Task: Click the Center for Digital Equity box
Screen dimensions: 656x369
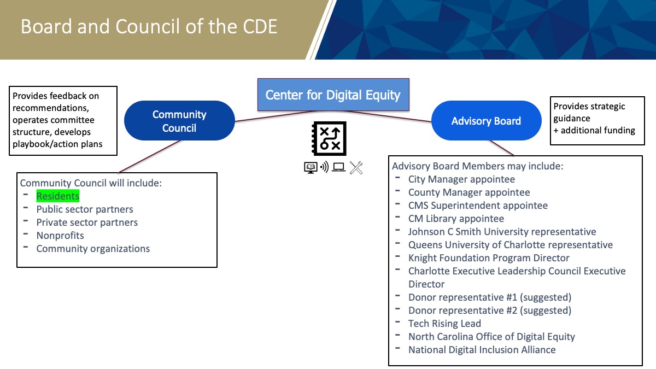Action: (333, 95)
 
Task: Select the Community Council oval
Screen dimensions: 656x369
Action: (179, 121)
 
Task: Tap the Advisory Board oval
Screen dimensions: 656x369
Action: (486, 121)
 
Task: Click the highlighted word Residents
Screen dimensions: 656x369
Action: (58, 196)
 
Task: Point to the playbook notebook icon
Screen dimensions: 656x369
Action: (329, 138)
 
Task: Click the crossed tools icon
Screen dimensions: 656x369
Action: (356, 168)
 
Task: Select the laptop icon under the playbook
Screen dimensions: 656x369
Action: (338, 167)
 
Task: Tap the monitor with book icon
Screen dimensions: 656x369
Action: (311, 167)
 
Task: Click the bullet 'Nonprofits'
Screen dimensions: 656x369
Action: (60, 236)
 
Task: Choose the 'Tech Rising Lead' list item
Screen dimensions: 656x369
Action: (444, 323)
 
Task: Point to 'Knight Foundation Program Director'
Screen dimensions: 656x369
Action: (489, 257)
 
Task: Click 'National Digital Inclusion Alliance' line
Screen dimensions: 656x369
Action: (482, 350)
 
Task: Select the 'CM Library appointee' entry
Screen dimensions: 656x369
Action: (456, 219)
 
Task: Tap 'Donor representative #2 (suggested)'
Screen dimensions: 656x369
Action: (490, 310)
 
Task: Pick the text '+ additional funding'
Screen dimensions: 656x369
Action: (594, 130)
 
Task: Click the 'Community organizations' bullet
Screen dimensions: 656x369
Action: (93, 249)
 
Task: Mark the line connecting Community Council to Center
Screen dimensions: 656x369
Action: (276, 116)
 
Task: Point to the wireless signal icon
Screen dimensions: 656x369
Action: (325, 167)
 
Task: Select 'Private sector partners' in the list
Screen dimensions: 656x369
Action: (87, 222)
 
